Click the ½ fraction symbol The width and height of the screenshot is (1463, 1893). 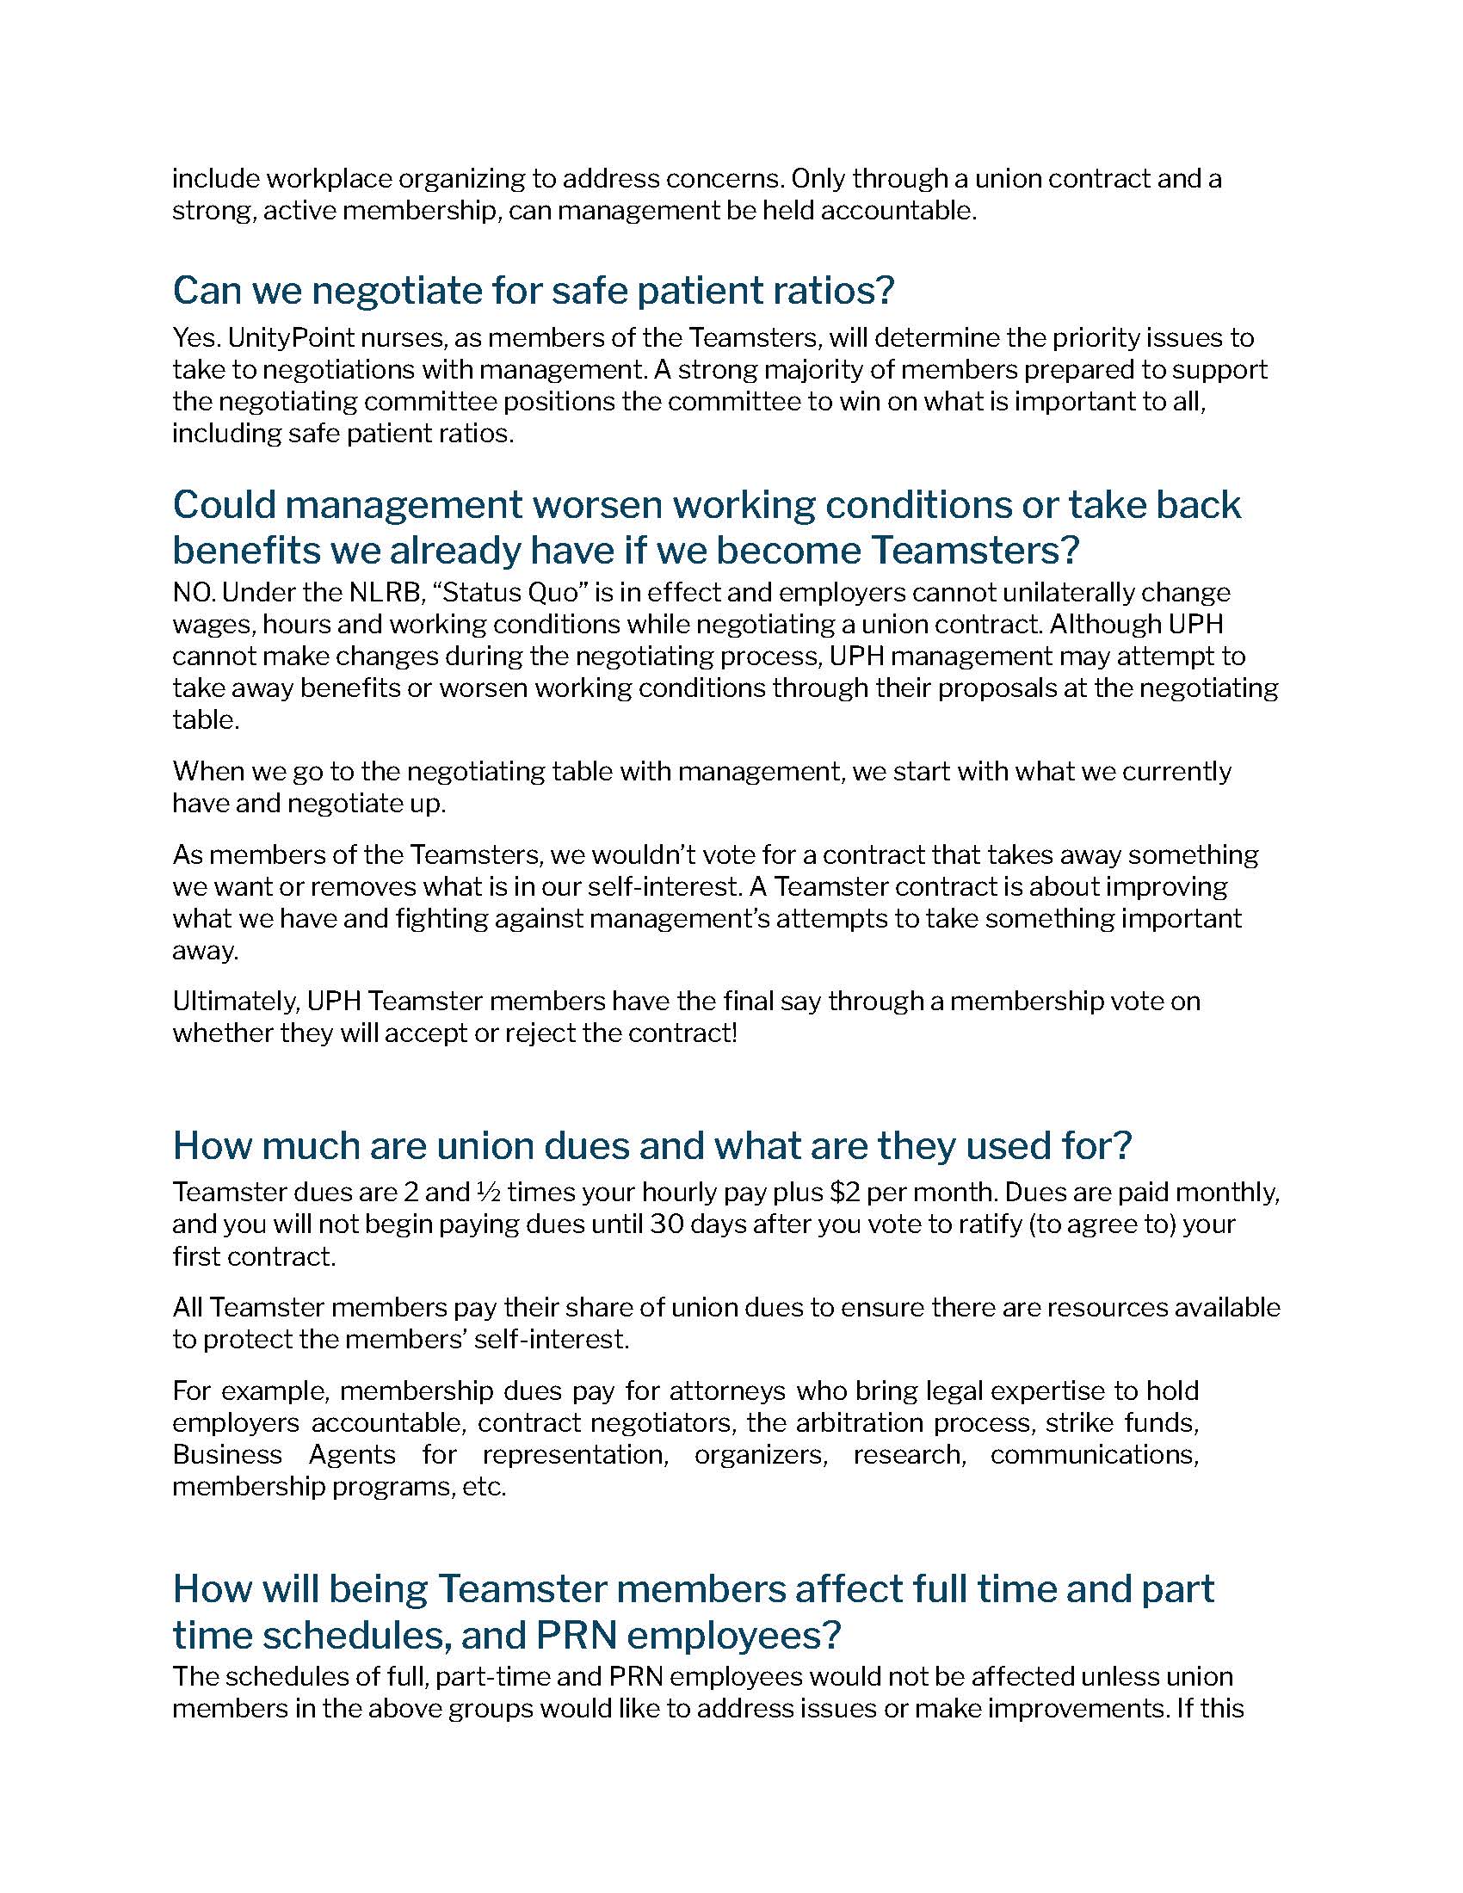pyautogui.click(x=486, y=1193)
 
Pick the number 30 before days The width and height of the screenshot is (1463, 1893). pyautogui.click(x=668, y=1224)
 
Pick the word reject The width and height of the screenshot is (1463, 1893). pyautogui.click(x=517, y=1034)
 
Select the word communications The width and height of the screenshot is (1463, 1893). pyautogui.click(x=1094, y=1455)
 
